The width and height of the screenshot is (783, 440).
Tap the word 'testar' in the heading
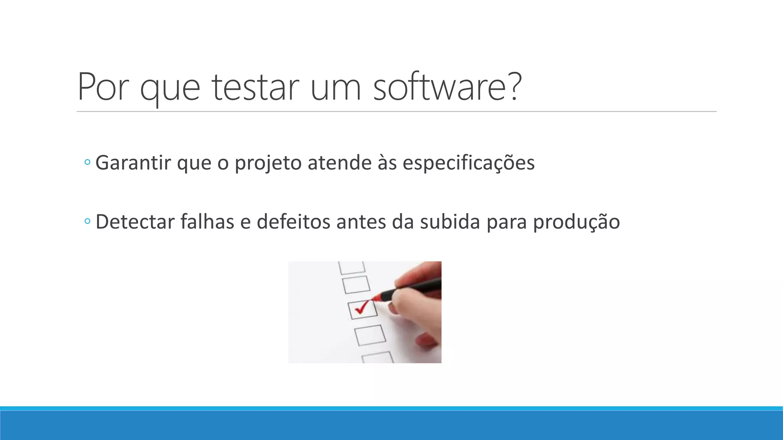(255, 87)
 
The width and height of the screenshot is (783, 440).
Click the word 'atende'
(340, 163)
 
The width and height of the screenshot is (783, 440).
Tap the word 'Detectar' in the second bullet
(135, 222)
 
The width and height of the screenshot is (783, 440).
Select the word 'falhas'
(207, 222)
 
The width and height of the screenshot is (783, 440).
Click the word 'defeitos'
(293, 222)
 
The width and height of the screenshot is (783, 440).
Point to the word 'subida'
(450, 222)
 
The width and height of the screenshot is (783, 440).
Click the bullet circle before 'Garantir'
(87, 162)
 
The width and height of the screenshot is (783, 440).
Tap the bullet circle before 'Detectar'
(87, 221)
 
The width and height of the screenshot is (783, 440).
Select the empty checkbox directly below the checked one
(370, 335)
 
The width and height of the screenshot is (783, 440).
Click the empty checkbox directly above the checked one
(356, 285)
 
